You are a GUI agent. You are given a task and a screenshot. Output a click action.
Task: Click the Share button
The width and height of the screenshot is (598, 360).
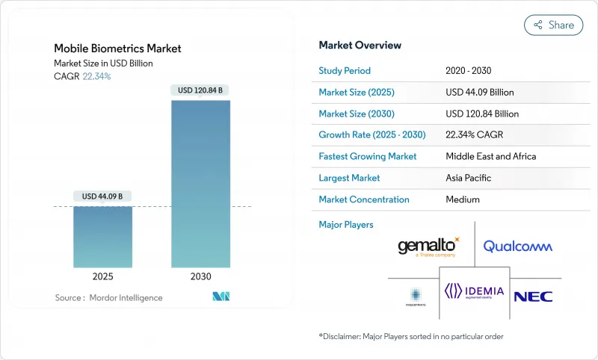click(x=553, y=25)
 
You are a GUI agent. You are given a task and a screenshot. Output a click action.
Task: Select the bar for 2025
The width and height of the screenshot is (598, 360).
click(x=102, y=237)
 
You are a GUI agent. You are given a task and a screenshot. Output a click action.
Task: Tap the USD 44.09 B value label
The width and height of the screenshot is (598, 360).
click(x=102, y=196)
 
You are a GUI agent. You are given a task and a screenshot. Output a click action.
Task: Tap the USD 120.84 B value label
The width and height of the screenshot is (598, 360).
click(x=200, y=90)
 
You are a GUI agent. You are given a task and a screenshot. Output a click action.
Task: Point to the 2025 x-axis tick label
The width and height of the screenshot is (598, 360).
click(x=102, y=276)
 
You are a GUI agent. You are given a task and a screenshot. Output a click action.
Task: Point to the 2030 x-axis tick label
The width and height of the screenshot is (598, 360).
click(x=200, y=276)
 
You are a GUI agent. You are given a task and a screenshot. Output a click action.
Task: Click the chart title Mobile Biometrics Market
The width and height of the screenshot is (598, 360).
click(x=117, y=49)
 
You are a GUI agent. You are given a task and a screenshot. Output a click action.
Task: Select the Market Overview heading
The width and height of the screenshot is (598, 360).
click(x=360, y=45)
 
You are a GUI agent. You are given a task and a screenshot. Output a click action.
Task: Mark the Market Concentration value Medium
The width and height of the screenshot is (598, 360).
click(x=463, y=199)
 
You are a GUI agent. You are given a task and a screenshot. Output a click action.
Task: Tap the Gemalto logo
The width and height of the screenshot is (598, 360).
click(x=428, y=246)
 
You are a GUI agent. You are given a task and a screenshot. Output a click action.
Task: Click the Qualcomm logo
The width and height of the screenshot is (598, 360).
click(x=517, y=246)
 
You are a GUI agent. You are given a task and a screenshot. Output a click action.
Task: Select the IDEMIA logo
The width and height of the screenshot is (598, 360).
click(x=475, y=291)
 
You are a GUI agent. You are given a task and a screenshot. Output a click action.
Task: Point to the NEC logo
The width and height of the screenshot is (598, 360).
click(x=533, y=296)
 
